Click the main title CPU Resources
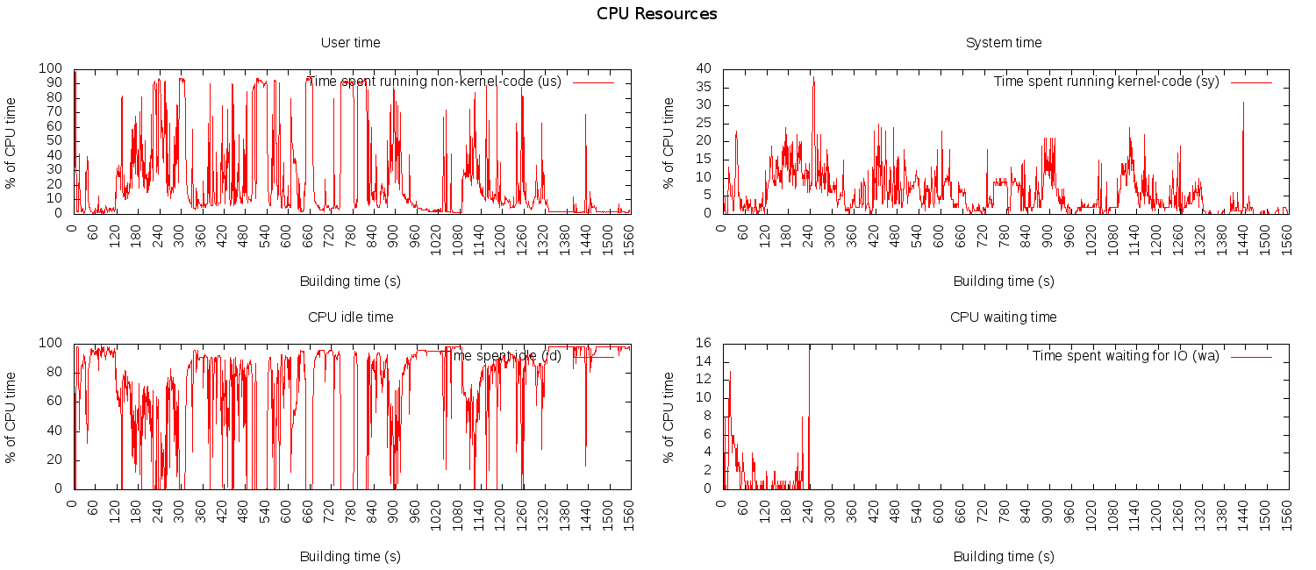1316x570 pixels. pyautogui.click(x=656, y=14)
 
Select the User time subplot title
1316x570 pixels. pyautogui.click(x=351, y=42)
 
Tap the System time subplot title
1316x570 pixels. pyautogui.click(x=1004, y=42)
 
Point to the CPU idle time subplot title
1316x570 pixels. pyautogui.click(x=351, y=317)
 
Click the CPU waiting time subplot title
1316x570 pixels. pyautogui.click(x=1004, y=317)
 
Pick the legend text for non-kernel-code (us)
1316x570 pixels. pyautogui.click(x=433, y=82)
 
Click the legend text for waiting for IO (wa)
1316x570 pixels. pyautogui.click(x=1126, y=356)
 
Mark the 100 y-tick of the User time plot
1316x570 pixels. pyautogui.click(x=51, y=68)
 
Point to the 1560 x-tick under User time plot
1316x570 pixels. pyautogui.click(x=624, y=238)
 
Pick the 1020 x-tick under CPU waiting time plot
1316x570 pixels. pyautogui.click(x=1091, y=512)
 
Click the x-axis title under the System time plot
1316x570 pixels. pyautogui.click(x=1004, y=281)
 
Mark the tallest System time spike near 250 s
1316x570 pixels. pyautogui.click(x=813, y=79)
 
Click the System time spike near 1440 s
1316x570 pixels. pyautogui.click(x=1243, y=103)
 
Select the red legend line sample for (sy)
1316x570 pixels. pyautogui.click(x=1251, y=82)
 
